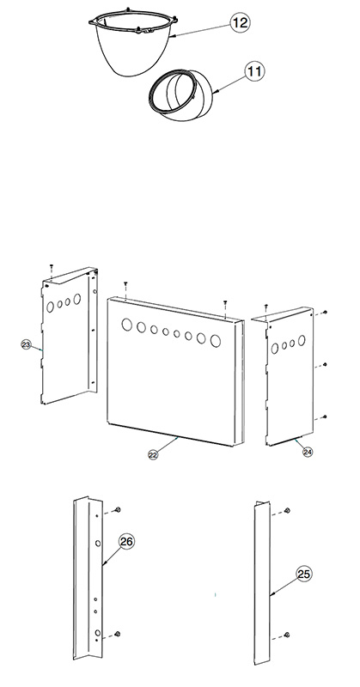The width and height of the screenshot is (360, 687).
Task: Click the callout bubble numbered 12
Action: click(x=240, y=22)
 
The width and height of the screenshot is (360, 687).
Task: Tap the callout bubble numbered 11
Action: click(x=255, y=71)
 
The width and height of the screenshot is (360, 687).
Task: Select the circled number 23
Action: click(x=26, y=345)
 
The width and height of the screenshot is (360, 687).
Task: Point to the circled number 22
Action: click(x=153, y=455)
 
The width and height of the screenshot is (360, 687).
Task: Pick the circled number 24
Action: click(x=308, y=452)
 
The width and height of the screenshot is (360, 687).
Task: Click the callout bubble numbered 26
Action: click(x=126, y=542)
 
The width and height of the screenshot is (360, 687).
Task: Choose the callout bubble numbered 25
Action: click(x=304, y=574)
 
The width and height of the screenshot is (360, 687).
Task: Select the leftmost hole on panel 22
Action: click(x=126, y=325)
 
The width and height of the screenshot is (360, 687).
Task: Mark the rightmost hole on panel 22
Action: click(x=216, y=341)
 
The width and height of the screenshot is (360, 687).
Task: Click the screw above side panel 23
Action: click(x=52, y=266)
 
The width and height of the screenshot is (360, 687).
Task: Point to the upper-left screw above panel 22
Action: click(x=125, y=283)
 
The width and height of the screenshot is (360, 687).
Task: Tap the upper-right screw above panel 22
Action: click(x=225, y=302)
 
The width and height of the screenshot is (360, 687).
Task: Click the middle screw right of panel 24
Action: click(x=325, y=364)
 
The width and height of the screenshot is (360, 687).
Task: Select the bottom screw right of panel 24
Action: click(x=325, y=416)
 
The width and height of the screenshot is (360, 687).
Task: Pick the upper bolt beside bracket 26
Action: click(x=118, y=509)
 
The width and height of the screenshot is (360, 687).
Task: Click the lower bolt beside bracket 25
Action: click(x=287, y=635)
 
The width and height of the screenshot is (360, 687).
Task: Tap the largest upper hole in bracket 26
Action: click(x=98, y=544)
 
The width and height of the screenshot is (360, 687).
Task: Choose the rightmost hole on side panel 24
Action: click(x=302, y=340)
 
